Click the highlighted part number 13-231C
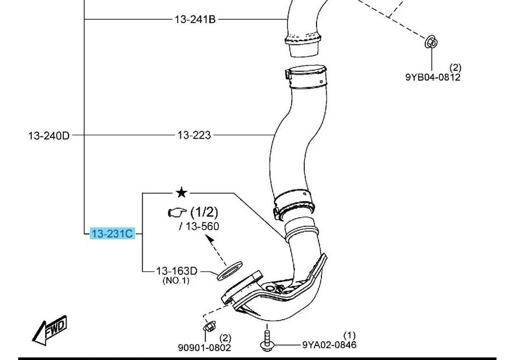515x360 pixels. [112, 233]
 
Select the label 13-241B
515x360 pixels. [195, 19]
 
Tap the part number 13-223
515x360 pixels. [194, 135]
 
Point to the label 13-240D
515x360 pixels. [48, 136]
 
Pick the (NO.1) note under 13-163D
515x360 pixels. [176, 281]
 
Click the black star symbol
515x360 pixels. [182, 192]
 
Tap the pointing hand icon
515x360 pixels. [176, 213]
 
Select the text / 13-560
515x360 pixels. [199, 226]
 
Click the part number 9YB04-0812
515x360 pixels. [432, 77]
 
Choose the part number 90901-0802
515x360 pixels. [204, 348]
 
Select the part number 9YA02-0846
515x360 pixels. [329, 344]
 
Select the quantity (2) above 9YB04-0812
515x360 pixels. [455, 67]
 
